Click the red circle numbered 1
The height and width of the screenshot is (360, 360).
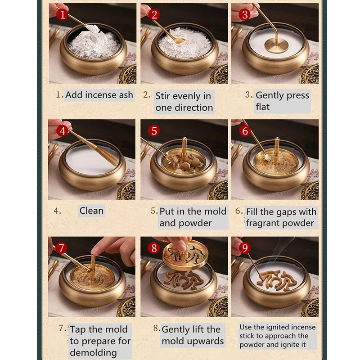62,15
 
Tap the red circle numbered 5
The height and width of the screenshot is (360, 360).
154,131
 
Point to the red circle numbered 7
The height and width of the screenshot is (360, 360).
62,248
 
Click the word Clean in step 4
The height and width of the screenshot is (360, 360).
91,211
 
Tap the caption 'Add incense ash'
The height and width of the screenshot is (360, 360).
99,95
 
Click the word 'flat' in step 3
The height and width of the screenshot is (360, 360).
263,107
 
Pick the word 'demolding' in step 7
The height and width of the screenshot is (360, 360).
93,352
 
